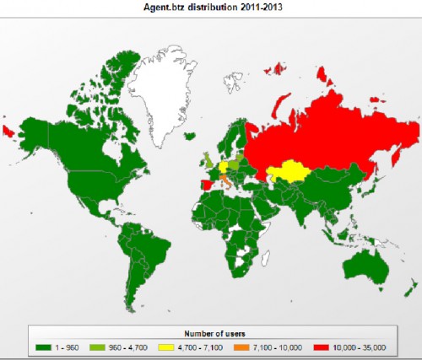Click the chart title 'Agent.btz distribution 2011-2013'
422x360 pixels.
pos(211,6)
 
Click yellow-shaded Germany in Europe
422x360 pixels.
pos(223,166)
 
